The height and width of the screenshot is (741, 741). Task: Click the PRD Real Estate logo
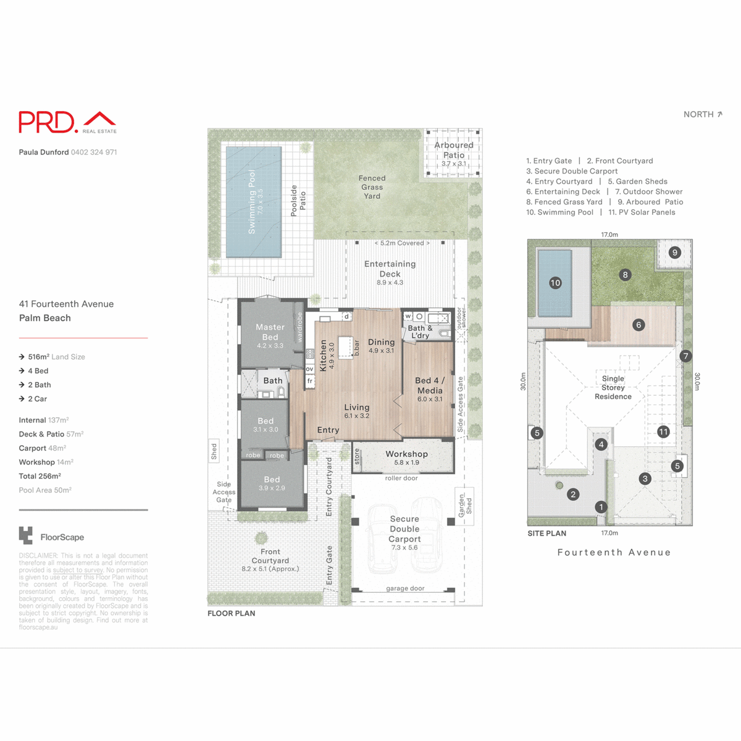pos(67,122)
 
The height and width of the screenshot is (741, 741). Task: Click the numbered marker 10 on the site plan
pos(555,283)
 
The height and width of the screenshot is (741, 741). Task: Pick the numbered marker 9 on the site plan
pos(675,253)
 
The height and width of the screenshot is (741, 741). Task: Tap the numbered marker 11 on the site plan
pos(663,432)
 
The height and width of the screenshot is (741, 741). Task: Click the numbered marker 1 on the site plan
pos(601,507)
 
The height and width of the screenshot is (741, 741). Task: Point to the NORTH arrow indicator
pos(703,114)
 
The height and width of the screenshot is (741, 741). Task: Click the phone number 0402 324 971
pos(94,152)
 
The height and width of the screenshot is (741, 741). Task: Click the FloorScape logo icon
pos(26,535)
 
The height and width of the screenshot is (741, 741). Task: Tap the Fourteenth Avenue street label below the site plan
pos(614,553)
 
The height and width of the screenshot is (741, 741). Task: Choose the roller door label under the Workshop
pos(401,478)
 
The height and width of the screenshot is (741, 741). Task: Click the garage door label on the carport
pos(405,588)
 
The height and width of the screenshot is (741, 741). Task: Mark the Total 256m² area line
pos(40,476)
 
